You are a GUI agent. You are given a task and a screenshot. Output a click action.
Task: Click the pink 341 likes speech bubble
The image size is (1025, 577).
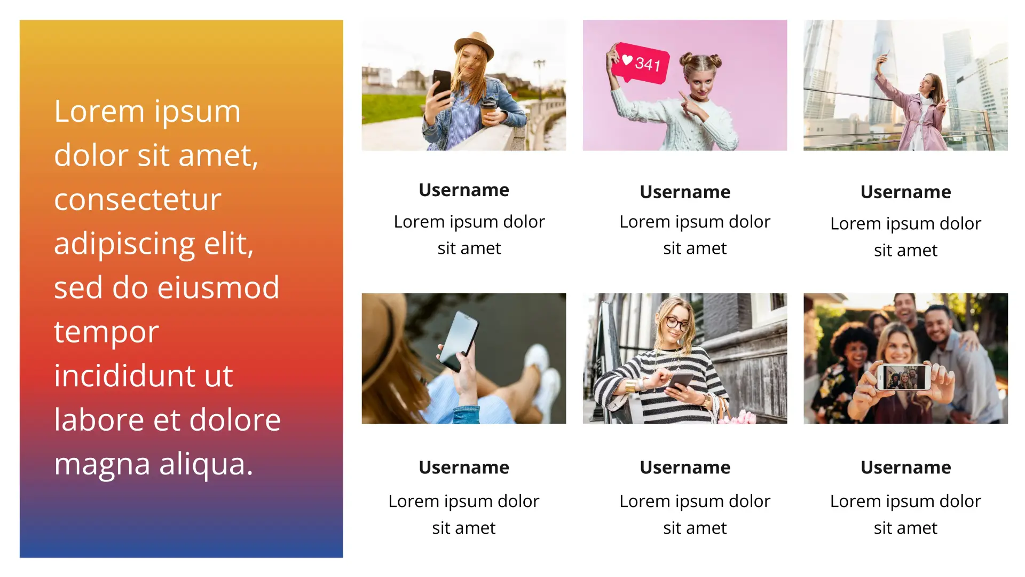click(640, 63)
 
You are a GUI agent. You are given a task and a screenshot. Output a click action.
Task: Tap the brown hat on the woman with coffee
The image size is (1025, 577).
click(474, 45)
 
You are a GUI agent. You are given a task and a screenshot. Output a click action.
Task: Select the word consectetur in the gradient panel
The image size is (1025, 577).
click(138, 200)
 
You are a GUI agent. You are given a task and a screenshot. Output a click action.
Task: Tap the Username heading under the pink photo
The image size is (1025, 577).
click(685, 192)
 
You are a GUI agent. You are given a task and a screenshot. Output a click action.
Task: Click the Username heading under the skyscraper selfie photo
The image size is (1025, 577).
click(905, 192)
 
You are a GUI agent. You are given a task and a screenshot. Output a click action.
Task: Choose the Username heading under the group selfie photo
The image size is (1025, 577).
click(905, 467)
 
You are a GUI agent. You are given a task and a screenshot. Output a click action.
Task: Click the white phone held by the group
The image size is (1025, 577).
click(904, 377)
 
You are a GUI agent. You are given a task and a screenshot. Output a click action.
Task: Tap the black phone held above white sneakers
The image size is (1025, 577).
click(459, 340)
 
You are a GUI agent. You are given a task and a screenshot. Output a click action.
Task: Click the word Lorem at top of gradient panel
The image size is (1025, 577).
click(99, 112)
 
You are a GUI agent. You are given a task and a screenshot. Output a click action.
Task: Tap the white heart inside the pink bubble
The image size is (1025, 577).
click(627, 60)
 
